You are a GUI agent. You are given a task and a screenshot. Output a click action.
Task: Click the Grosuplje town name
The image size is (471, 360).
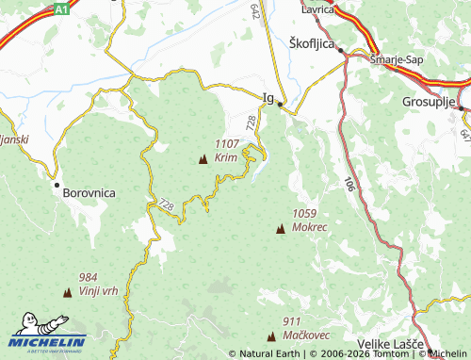pos(429,100)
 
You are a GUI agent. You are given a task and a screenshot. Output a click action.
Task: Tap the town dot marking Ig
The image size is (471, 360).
pos(280,106)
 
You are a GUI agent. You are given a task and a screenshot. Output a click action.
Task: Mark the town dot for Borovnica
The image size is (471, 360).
pos(57,186)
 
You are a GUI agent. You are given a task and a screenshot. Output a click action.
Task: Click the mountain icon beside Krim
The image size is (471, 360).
pos(203,159)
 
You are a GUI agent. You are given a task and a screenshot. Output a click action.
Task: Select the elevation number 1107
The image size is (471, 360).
pos(227,144)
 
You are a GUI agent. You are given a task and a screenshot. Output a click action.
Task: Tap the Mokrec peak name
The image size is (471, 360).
pos(310,227)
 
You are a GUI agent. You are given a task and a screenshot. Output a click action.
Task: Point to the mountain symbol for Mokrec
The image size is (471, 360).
pos(280,229)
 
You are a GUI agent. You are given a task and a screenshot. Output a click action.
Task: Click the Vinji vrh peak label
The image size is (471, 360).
pos(99,290)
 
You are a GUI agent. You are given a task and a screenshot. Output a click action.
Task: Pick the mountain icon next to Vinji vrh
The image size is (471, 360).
pos(67,293)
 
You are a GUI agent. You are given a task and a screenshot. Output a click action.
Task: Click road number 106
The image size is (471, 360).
pos(349,184)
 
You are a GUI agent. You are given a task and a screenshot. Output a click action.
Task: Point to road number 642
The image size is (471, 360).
pos(255,10)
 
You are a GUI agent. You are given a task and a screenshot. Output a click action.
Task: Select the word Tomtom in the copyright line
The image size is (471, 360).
pos(389,354)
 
